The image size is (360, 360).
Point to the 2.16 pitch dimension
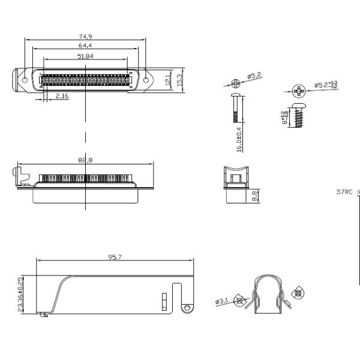tap(62, 95)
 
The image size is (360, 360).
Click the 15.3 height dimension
tap(181, 79)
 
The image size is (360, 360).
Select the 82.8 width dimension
tap(86, 160)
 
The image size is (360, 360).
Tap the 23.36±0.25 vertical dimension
tap(21, 294)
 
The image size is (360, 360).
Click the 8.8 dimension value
tap(254, 195)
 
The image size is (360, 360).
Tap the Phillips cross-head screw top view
tap(299, 92)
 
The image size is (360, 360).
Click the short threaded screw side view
tap(299, 116)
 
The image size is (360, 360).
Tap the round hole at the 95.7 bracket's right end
tap(187, 308)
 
